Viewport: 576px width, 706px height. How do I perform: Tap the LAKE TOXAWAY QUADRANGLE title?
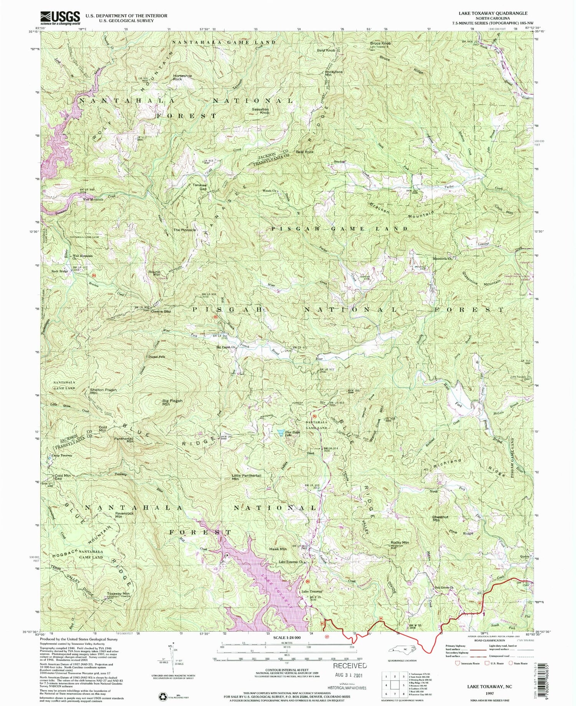point(492,13)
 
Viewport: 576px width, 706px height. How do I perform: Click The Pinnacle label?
point(185,230)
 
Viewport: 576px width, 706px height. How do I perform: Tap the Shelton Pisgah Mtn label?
point(103,391)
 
